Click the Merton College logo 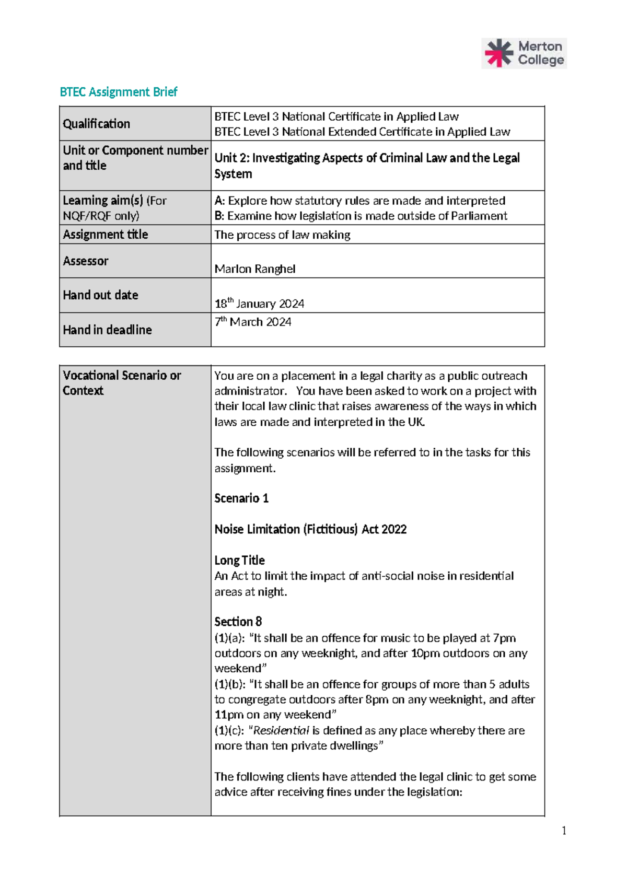click(x=524, y=53)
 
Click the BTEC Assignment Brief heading click(x=119, y=92)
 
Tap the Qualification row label click(x=97, y=124)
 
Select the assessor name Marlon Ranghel click(x=255, y=269)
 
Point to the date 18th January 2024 click(x=259, y=304)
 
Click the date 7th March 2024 click(x=253, y=322)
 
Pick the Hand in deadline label click(x=107, y=330)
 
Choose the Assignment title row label click(x=106, y=235)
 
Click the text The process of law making click(x=282, y=235)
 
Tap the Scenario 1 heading click(x=241, y=498)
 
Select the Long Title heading click(x=239, y=561)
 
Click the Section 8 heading click(x=238, y=622)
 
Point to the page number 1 click(x=564, y=831)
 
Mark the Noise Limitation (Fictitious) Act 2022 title click(x=310, y=529)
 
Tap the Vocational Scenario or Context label click(x=122, y=383)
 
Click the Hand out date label click(x=100, y=295)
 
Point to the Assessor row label click(x=86, y=261)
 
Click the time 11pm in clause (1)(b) click(x=229, y=715)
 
